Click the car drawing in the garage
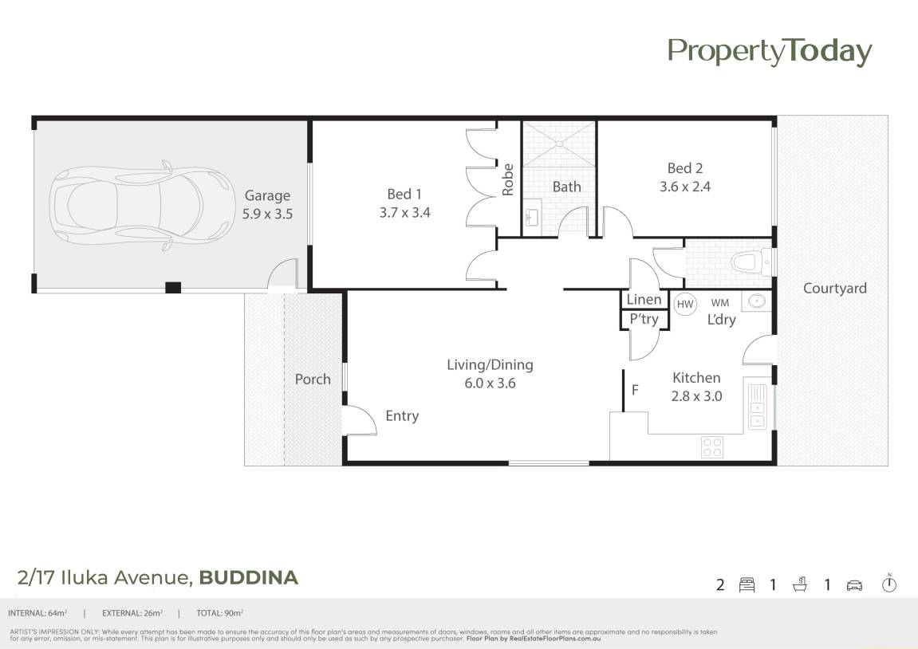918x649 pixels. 140,205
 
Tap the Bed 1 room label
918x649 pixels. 404,194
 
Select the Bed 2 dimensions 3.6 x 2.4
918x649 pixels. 685,187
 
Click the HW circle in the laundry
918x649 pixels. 685,305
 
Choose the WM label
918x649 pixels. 719,302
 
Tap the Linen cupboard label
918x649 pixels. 644,300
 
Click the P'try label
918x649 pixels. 644,320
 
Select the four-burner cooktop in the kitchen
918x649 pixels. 712,447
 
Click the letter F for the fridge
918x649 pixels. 635,389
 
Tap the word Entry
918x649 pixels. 402,416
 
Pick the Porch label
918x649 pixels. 313,380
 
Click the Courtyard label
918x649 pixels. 835,289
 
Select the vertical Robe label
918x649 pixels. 507,179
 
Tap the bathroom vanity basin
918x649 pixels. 532,217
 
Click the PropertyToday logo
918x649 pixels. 770,52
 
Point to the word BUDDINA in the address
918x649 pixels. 249,577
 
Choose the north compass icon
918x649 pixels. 889,584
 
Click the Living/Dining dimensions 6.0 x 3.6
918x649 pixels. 490,383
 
